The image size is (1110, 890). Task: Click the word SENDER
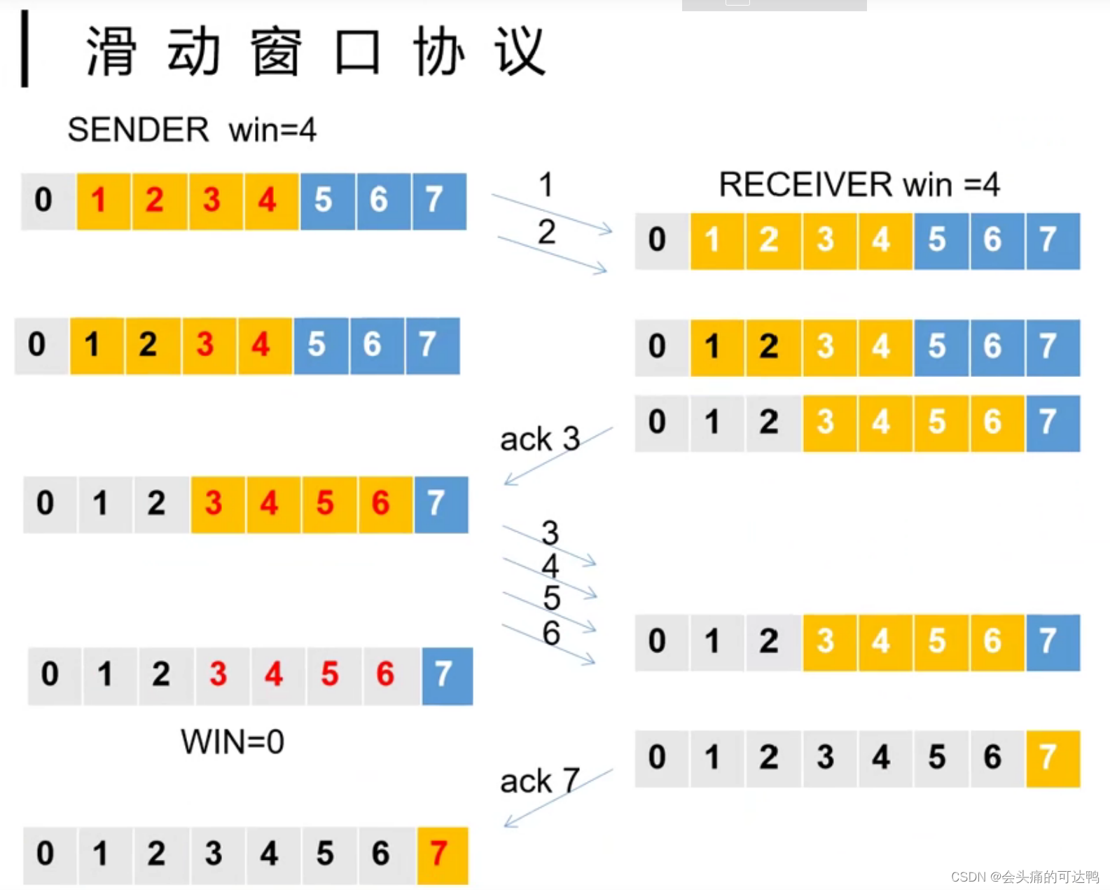pyautogui.click(x=138, y=130)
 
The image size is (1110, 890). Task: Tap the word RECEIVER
pyautogui.click(x=805, y=185)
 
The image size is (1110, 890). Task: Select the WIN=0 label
pyautogui.click(x=233, y=741)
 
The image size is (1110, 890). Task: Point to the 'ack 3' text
pyautogui.click(x=539, y=439)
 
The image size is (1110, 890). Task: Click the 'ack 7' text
pyautogui.click(x=539, y=781)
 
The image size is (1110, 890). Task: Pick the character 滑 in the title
pyautogui.click(x=111, y=52)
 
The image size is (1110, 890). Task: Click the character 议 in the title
pyautogui.click(x=519, y=52)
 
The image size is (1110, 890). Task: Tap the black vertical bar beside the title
pyautogui.click(x=25, y=49)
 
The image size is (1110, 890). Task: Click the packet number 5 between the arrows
pyautogui.click(x=552, y=598)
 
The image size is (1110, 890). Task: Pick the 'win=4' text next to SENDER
pyautogui.click(x=272, y=130)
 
